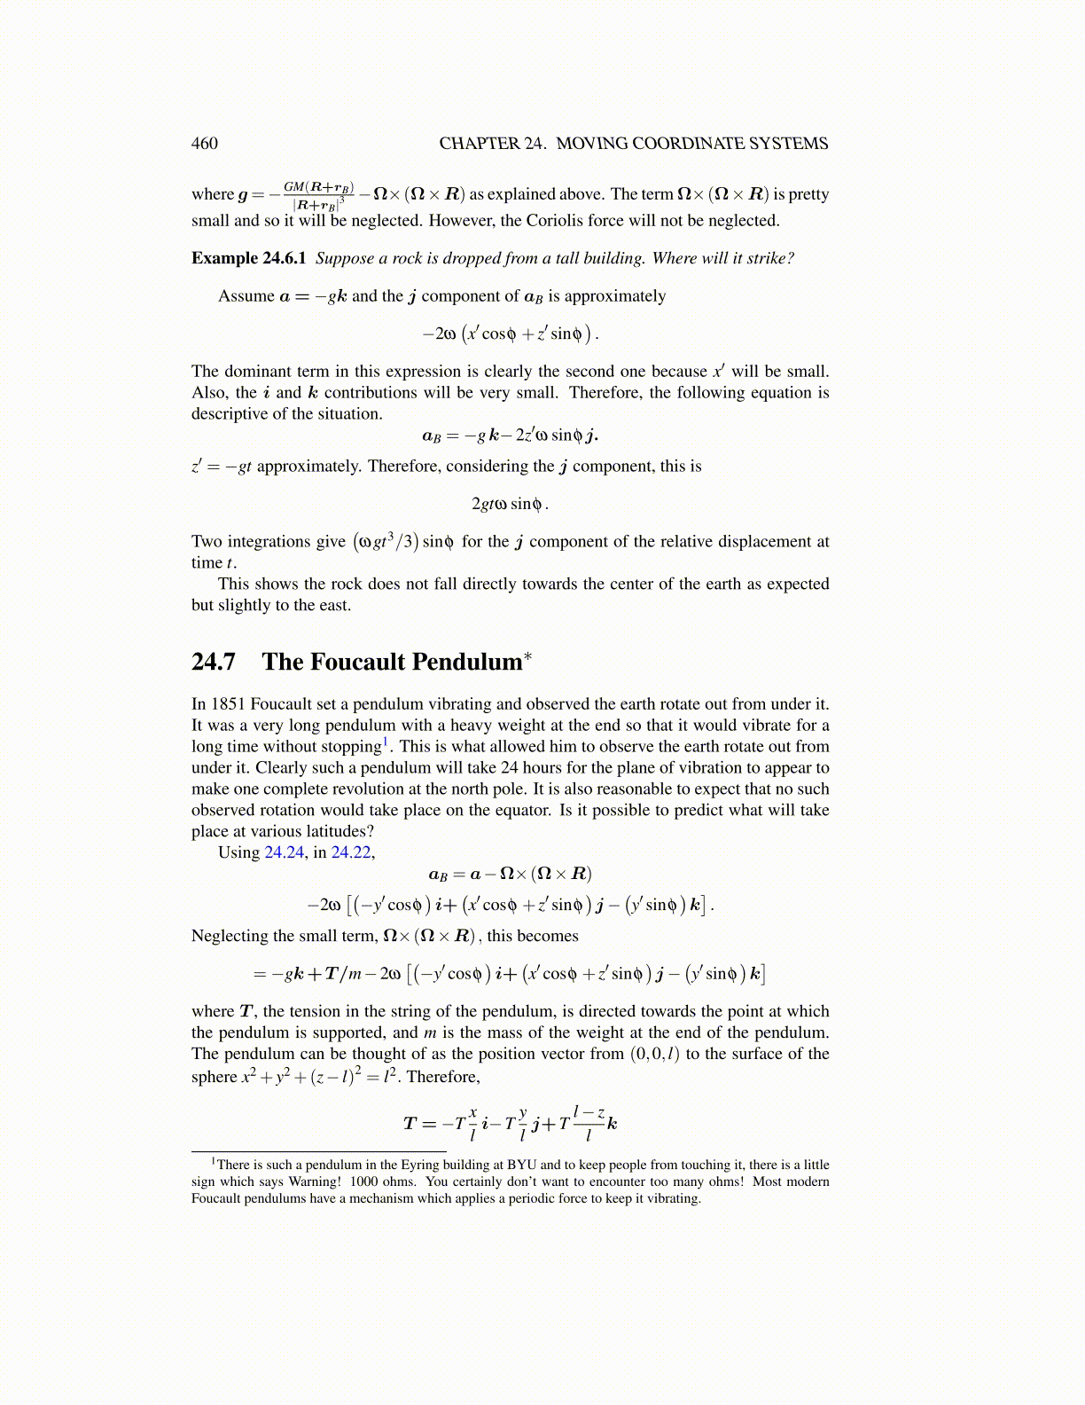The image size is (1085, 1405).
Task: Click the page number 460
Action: pos(204,144)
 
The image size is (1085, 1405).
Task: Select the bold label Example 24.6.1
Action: pos(248,258)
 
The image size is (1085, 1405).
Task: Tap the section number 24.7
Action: pos(214,662)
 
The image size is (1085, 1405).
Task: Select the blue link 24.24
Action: pos(285,852)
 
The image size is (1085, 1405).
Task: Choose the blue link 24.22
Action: pos(350,852)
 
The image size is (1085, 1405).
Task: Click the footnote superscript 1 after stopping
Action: pos(386,742)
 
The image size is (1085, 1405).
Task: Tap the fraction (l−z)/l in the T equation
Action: pos(589,1123)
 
